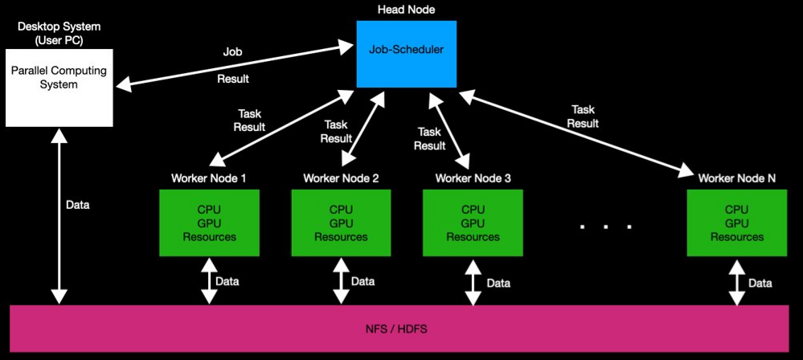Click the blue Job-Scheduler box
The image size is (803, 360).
click(406, 54)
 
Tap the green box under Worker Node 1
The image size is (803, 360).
click(209, 223)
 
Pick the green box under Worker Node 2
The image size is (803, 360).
click(341, 223)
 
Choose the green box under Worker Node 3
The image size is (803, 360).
click(473, 223)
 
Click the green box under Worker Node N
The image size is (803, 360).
click(736, 223)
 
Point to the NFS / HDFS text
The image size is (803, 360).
click(403, 329)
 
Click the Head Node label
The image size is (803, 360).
click(406, 10)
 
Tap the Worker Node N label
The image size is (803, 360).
click(736, 178)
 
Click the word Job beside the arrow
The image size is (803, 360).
click(231, 51)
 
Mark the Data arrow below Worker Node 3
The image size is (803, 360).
click(472, 281)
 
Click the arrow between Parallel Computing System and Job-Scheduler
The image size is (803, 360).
click(233, 65)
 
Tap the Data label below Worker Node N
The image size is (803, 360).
click(760, 283)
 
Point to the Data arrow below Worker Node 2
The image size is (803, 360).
click(341, 281)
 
